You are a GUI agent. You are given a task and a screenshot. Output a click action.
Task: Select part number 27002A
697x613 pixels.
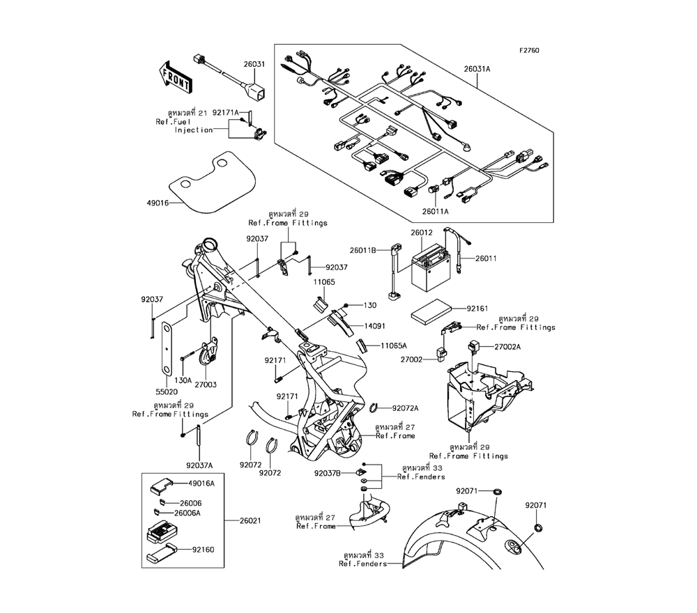[x=507, y=346]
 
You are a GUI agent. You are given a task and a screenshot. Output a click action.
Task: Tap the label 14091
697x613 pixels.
[x=374, y=325]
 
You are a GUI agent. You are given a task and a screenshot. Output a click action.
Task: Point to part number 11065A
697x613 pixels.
[x=394, y=346]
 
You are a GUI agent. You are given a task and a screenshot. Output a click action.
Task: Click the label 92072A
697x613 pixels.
[x=406, y=408]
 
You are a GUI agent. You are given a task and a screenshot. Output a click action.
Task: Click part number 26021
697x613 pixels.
[x=252, y=520]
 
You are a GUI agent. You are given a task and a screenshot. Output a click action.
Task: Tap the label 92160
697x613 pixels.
[x=201, y=550]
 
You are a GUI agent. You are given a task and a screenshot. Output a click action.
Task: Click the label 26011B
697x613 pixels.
[x=363, y=249]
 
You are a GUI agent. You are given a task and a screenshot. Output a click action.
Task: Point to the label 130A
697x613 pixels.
[x=183, y=380]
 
